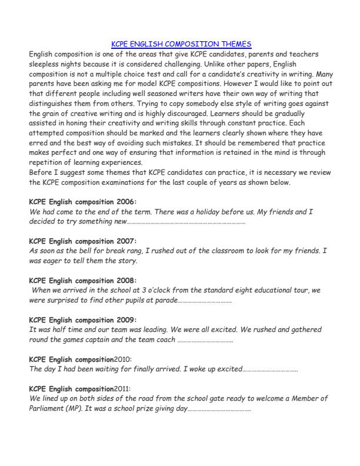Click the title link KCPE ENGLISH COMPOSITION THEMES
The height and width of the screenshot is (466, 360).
coord(181,44)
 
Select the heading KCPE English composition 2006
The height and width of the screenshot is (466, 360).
coord(82,202)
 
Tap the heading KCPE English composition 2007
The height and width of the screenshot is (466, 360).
coord(82,241)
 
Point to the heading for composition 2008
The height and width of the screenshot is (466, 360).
coord(82,280)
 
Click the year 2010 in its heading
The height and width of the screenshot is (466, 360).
coord(123,359)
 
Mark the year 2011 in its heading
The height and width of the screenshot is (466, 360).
coord(123,388)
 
